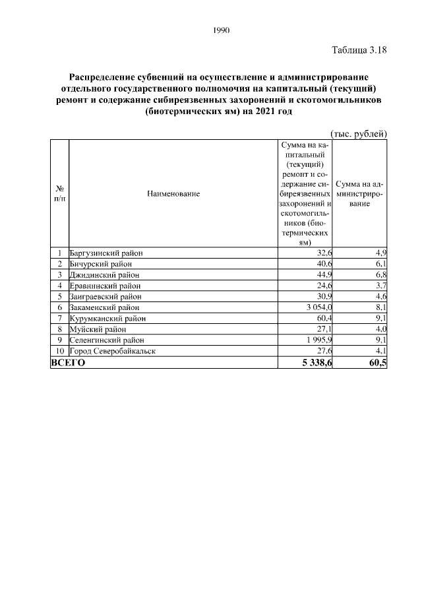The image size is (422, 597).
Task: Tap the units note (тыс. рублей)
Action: click(x=358, y=134)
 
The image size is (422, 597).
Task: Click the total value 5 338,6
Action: click(x=316, y=363)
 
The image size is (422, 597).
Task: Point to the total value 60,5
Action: click(x=377, y=363)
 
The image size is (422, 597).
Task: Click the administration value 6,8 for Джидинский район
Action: click(x=380, y=274)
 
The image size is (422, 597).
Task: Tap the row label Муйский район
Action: click(x=98, y=329)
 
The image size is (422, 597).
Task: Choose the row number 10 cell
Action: click(x=59, y=351)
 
